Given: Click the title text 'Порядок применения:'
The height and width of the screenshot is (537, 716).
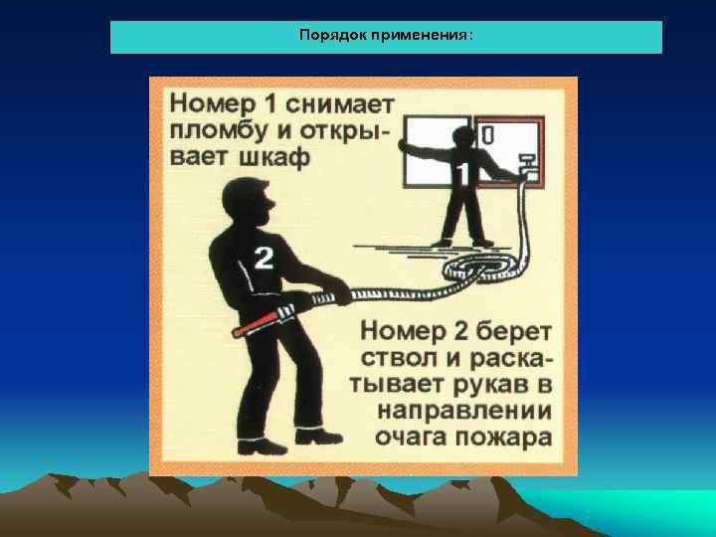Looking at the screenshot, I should click(386, 36).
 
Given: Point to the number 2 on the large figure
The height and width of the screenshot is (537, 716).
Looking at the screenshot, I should click(264, 259).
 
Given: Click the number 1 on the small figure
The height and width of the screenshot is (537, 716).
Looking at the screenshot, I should click(461, 176).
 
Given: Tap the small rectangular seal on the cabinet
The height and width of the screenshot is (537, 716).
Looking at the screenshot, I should click(489, 131).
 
